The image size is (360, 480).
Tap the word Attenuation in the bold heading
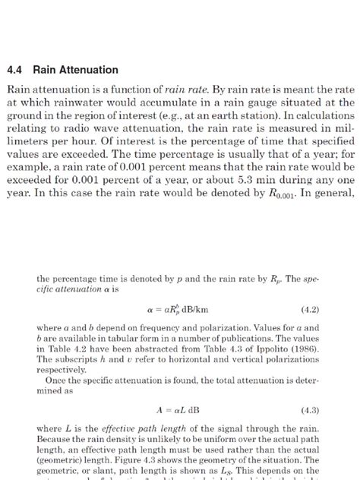[x=90, y=70]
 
